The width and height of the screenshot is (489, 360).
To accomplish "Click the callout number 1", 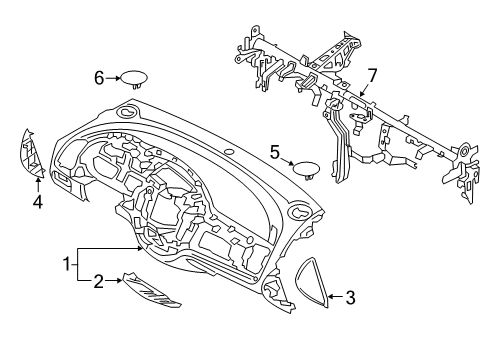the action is pyautogui.click(x=68, y=264).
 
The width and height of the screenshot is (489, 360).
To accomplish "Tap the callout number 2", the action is pyautogui.click(x=98, y=282).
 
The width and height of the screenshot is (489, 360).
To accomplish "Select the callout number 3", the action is pyautogui.click(x=350, y=297).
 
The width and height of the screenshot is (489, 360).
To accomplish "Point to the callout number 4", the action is pyautogui.click(x=38, y=202).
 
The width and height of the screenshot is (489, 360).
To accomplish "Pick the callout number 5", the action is pyautogui.click(x=274, y=153).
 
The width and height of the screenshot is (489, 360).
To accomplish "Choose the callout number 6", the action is pyautogui.click(x=99, y=79).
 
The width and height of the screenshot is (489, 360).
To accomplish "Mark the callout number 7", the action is pyautogui.click(x=372, y=76).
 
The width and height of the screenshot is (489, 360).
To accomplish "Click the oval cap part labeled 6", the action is pyautogui.click(x=134, y=79).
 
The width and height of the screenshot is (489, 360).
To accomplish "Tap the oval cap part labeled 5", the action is pyautogui.click(x=306, y=169).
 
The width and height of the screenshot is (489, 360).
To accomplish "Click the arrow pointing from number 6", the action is pyautogui.click(x=113, y=79).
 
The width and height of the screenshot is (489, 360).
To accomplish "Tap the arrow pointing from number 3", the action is pyautogui.click(x=336, y=296).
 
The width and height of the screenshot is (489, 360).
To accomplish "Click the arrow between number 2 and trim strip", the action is pyautogui.click(x=114, y=281).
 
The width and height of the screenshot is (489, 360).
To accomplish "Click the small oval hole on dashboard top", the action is pyautogui.click(x=229, y=152).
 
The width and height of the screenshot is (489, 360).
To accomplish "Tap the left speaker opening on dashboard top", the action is pyautogui.click(x=127, y=112).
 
